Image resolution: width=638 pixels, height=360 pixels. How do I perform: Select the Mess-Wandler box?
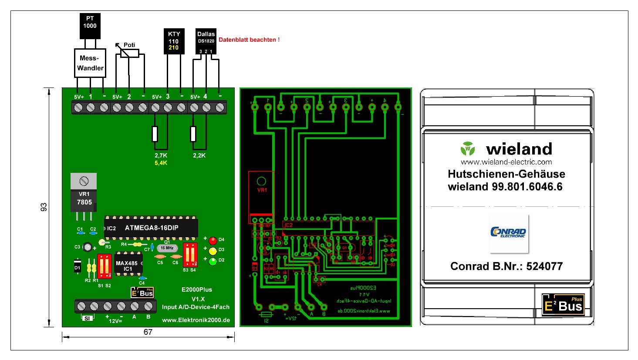tap(90, 63)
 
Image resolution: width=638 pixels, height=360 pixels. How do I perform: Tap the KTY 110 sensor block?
tap(174, 41)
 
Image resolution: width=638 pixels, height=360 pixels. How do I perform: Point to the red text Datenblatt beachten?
tap(249, 40)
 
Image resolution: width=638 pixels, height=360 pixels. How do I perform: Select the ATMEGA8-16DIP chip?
tap(151, 228)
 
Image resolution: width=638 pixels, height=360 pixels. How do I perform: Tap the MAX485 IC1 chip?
tap(127, 266)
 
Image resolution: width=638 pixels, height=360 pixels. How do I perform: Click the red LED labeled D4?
tap(213, 240)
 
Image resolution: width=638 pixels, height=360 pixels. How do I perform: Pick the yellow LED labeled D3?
tap(213, 251)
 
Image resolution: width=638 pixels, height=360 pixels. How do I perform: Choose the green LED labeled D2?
tap(213, 261)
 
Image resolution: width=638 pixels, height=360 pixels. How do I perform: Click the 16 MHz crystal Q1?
tap(166, 248)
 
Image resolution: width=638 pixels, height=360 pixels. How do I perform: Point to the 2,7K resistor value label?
tap(161, 155)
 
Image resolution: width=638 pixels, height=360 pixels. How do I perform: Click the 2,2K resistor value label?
tap(199, 155)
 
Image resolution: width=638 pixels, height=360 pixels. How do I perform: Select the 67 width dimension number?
tap(148, 332)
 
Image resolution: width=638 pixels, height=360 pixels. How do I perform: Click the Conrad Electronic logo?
tap(508, 232)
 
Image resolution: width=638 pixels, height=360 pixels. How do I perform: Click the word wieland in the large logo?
tap(519, 149)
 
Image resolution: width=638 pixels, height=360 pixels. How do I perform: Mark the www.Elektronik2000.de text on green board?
tap(196, 320)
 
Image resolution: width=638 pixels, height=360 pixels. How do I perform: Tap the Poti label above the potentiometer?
tap(129, 45)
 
